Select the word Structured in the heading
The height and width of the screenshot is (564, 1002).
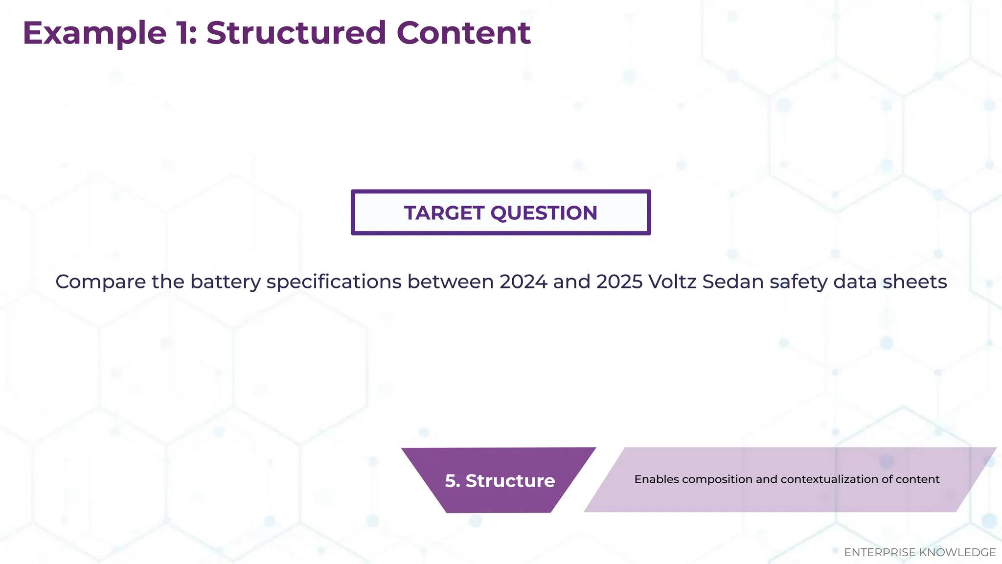296,33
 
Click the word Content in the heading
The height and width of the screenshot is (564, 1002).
463,33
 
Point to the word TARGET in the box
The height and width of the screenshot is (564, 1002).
444,213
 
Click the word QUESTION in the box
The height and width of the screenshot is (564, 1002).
544,213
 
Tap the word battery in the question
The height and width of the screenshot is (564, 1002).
226,282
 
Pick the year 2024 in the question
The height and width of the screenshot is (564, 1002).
523,282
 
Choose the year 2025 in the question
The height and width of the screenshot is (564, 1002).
619,282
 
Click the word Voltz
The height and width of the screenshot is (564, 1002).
672,282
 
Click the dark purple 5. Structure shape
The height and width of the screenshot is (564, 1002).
500,481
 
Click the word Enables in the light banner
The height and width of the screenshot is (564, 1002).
656,479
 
